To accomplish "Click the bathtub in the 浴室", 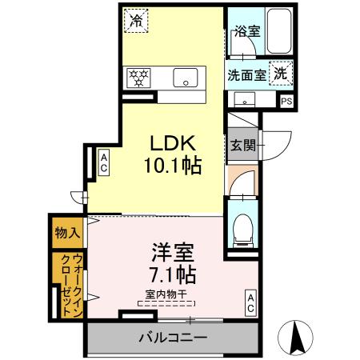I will pos(278,30).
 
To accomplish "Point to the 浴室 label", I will pos(246,32).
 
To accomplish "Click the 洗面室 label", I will pos(246,76).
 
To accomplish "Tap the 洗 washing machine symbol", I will pos(281,72).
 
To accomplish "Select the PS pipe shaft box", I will pos(286,101).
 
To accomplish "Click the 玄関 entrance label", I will pos(243,146).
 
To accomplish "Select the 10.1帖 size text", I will pos(173,166).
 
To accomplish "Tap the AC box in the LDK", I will pos(104,164).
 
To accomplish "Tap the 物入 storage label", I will pos(66,233).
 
